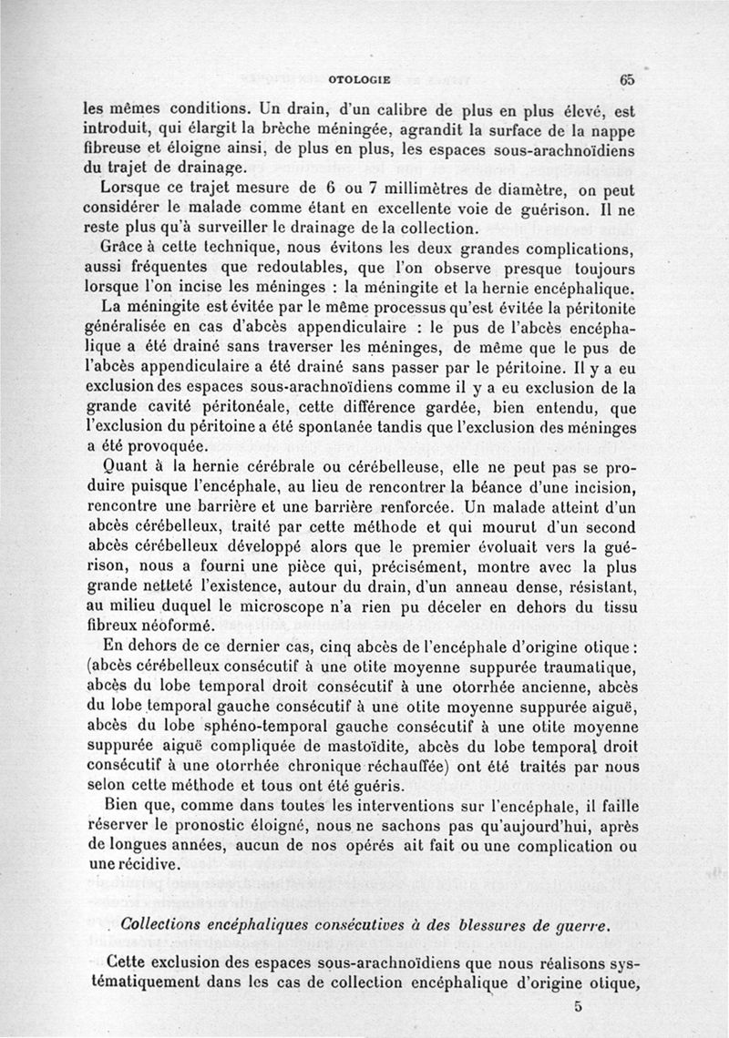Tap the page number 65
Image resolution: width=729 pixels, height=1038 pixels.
[627, 79]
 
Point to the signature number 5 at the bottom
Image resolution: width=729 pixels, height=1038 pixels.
[578, 1006]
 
